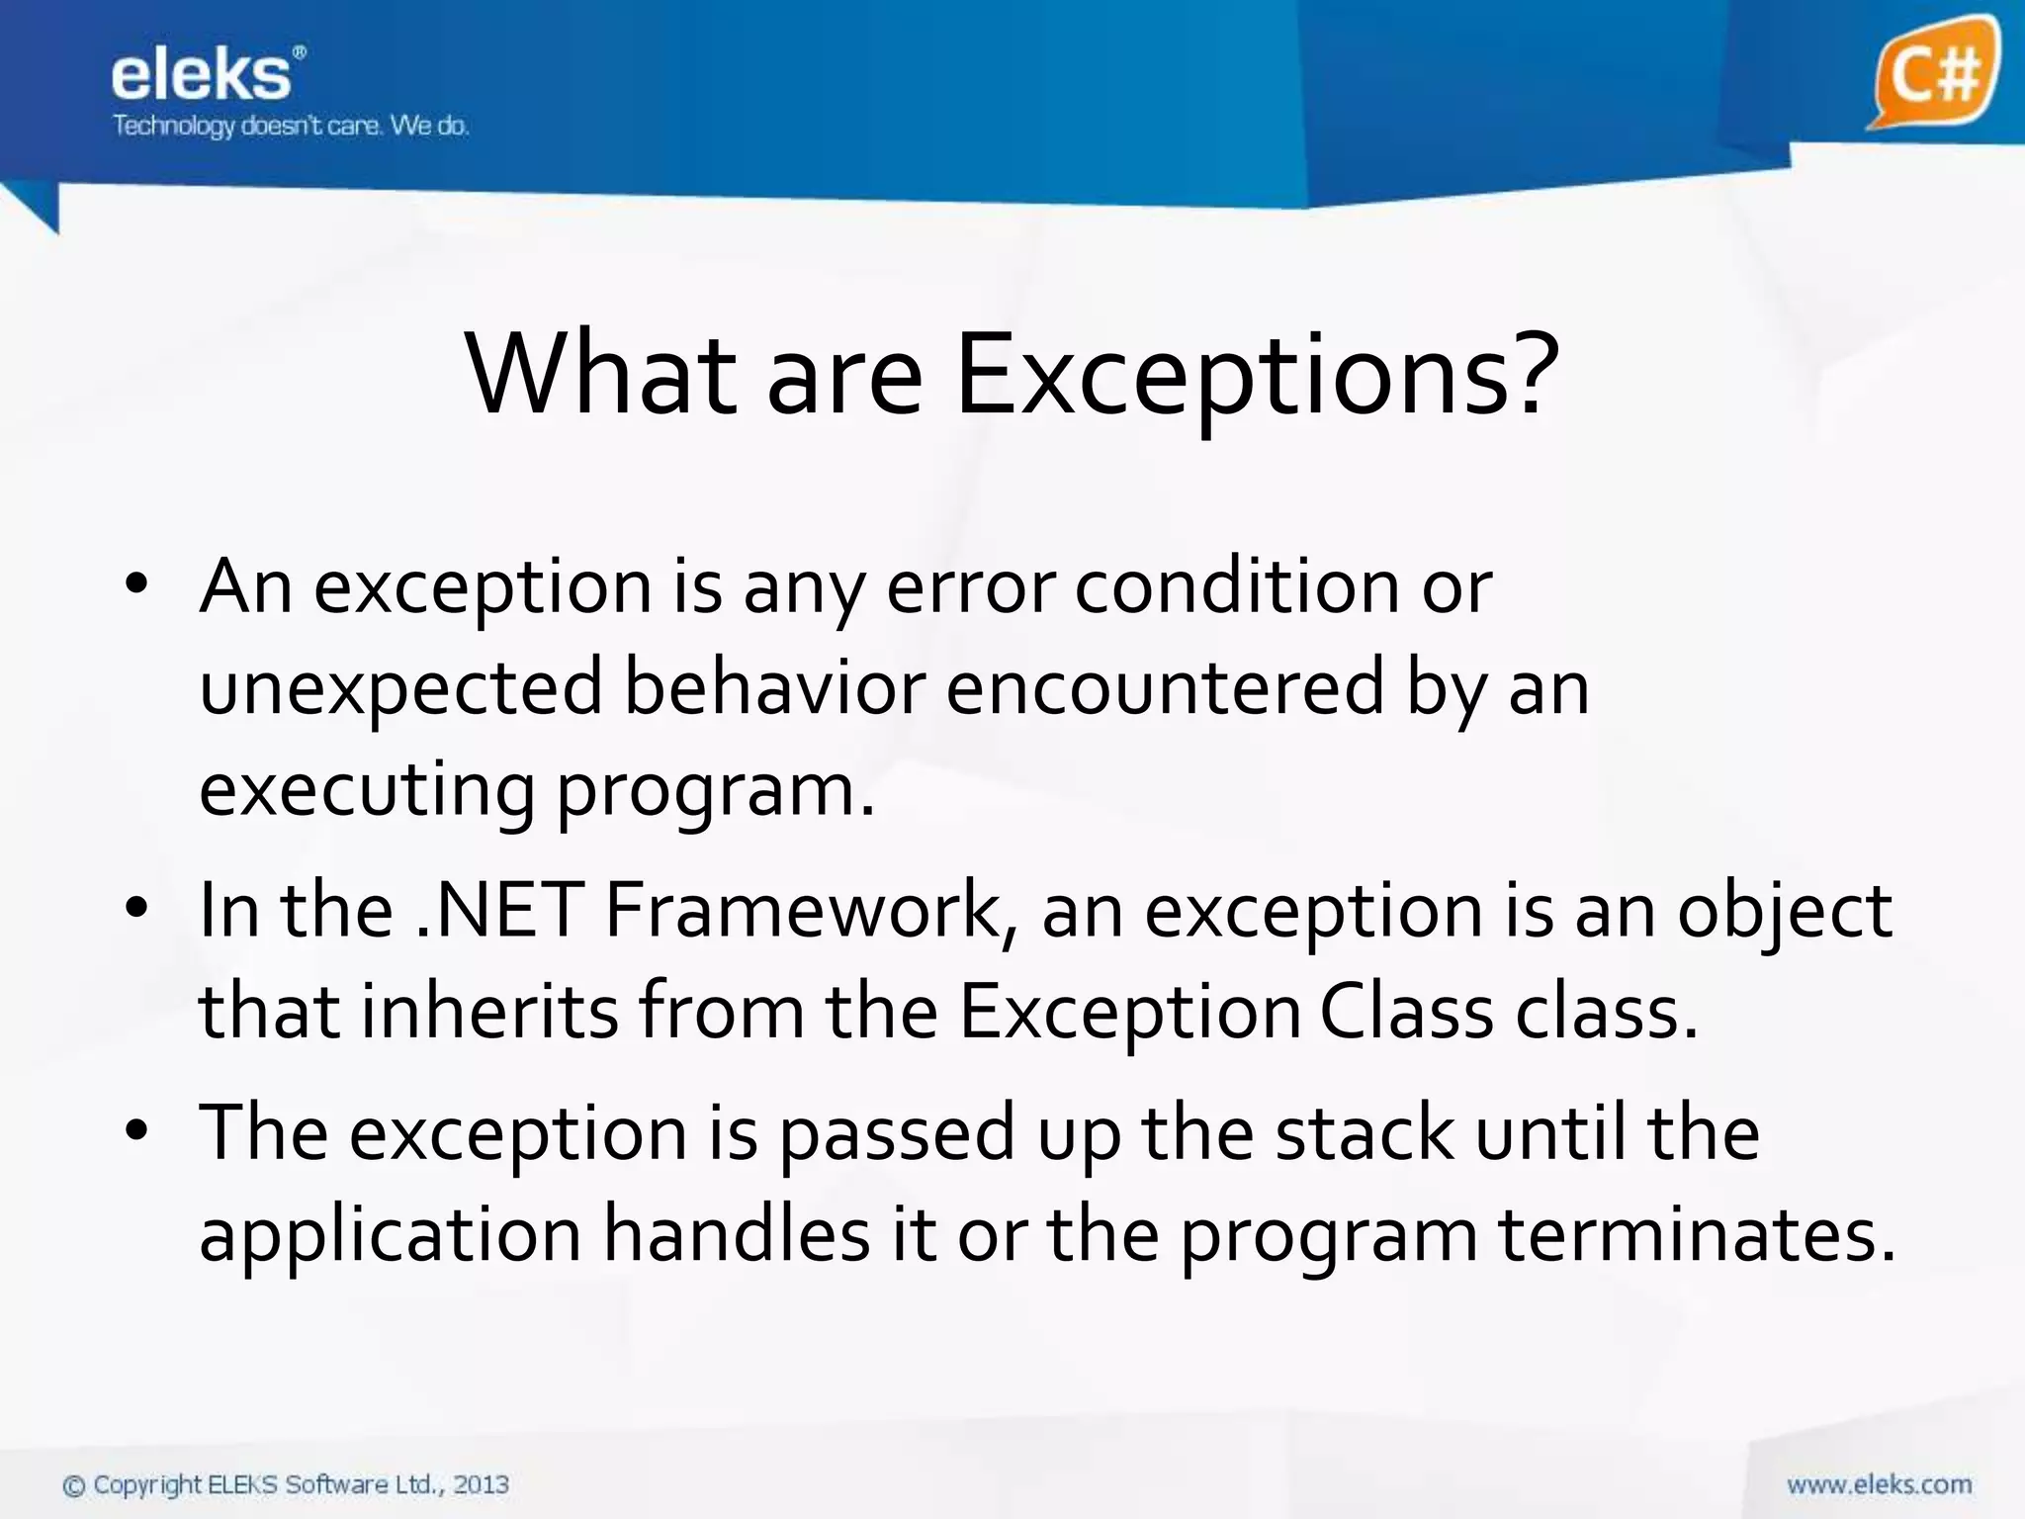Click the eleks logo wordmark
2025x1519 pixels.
(203, 75)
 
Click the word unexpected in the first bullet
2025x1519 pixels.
(400, 689)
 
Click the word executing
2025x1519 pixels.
(366, 791)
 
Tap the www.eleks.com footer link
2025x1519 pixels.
(1879, 1484)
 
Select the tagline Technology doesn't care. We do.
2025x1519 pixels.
(290, 126)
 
